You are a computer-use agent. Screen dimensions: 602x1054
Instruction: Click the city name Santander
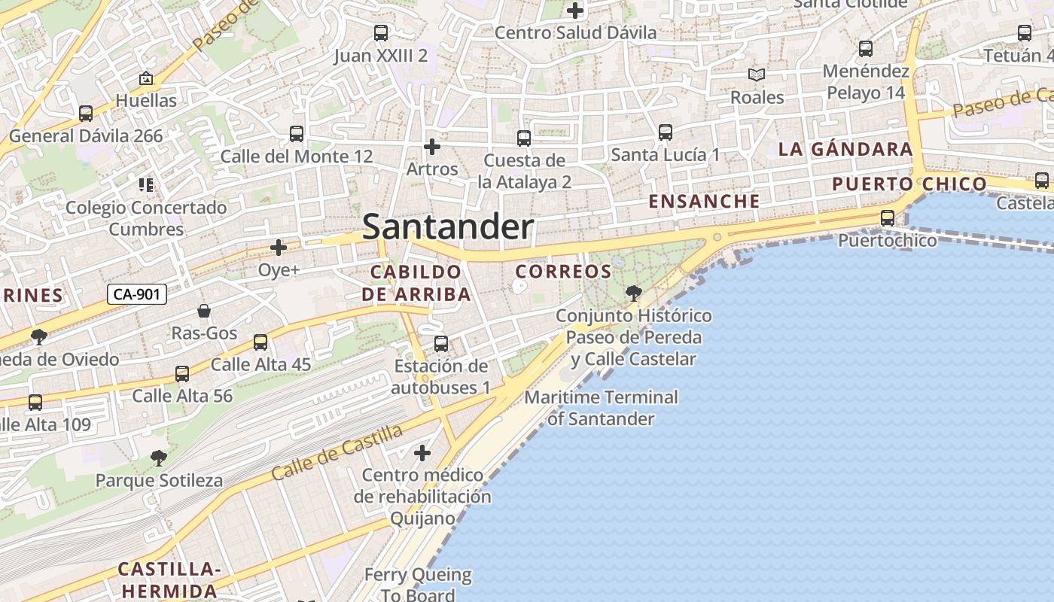[x=448, y=227]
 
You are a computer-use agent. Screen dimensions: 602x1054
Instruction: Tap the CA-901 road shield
[x=136, y=294]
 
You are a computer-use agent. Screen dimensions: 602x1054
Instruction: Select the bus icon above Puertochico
[x=888, y=218]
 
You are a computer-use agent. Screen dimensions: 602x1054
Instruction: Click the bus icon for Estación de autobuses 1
[x=441, y=344]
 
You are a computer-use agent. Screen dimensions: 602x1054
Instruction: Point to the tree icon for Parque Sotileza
[x=158, y=458]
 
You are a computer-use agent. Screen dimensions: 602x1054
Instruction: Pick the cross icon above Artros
[x=431, y=146]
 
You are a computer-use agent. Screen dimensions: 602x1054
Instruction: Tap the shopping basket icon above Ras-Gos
[x=204, y=311]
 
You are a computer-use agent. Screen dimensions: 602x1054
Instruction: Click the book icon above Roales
[x=757, y=74]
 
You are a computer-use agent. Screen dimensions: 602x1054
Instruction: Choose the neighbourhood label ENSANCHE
[x=704, y=201]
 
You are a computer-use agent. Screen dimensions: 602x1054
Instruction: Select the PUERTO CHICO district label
[x=909, y=184]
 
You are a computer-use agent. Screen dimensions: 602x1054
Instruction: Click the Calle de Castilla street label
[x=337, y=452]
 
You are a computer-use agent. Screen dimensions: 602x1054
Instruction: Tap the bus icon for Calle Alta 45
[x=260, y=342]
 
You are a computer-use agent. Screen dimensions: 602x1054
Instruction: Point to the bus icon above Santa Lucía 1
[x=665, y=132]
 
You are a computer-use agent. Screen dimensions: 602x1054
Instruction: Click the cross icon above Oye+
[x=279, y=247]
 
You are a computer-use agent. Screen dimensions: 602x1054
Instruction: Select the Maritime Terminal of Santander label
[x=601, y=407]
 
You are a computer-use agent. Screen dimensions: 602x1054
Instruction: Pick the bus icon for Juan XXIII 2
[x=381, y=33]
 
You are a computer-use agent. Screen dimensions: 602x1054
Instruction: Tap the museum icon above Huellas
[x=146, y=78]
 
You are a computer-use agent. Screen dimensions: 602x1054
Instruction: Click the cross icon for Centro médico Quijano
[x=422, y=453]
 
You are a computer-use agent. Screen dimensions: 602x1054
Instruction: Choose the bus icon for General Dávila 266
[x=86, y=114]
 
